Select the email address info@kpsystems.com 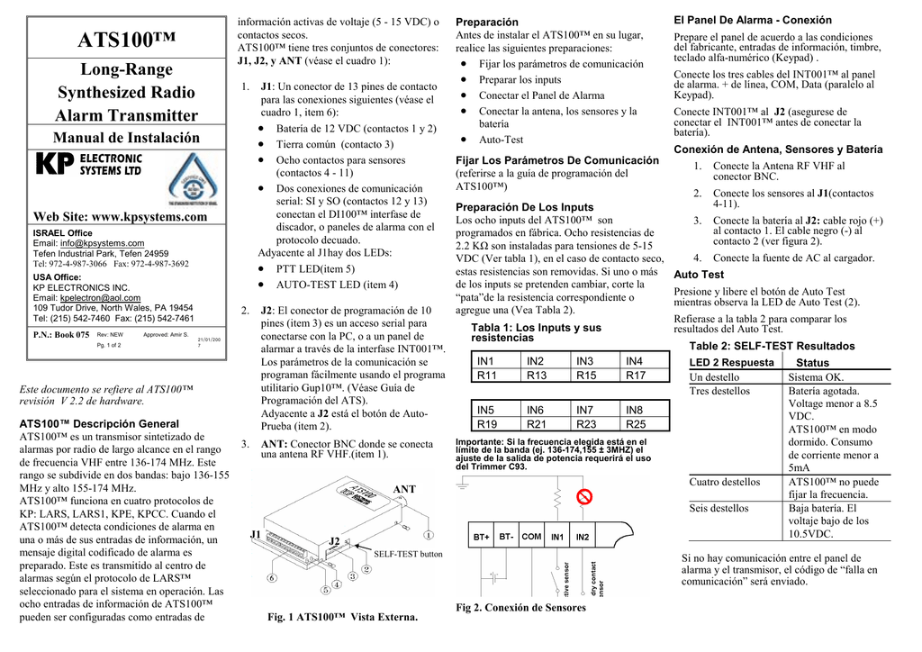[x=102, y=243]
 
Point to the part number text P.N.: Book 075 [x=61, y=335]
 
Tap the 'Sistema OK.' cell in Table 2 [x=816, y=377]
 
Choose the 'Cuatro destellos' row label [x=725, y=482]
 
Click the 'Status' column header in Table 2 [x=813, y=362]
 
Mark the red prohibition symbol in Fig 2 [x=584, y=497]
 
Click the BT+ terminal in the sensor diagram [x=482, y=537]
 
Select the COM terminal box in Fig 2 [x=531, y=537]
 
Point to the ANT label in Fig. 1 [x=404, y=489]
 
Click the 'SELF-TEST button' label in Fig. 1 [x=408, y=554]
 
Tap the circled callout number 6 [x=271, y=578]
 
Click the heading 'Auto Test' [x=699, y=274]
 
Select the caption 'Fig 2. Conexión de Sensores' [x=520, y=608]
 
